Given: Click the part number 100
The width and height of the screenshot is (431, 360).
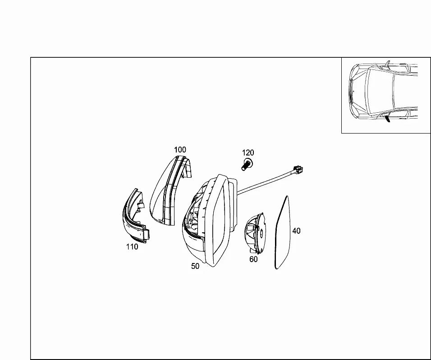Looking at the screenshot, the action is point(180,150).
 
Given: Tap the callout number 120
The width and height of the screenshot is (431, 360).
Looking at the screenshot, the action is point(248,152).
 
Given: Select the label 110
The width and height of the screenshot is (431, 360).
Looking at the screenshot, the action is point(132,247).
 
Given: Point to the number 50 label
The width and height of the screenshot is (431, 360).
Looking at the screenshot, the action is point(195,266).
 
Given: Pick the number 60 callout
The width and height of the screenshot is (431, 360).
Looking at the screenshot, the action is point(253,259).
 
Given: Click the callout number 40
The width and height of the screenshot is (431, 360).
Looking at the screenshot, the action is point(296,231).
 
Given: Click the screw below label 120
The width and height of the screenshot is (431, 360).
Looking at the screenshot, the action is point(247,164).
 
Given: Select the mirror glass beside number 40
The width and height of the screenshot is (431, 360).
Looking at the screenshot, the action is point(283,232).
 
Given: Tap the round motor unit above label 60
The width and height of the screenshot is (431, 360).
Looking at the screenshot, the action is point(255,233).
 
